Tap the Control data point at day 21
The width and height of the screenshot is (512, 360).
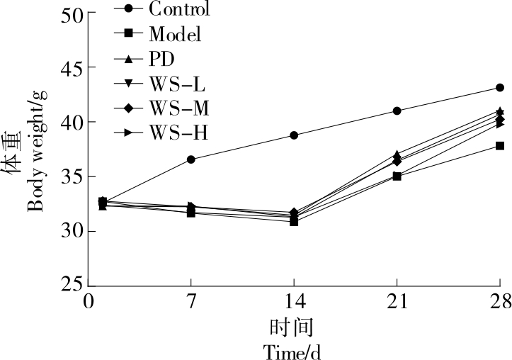pos(397,111)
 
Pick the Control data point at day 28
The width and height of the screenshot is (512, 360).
pos(500,88)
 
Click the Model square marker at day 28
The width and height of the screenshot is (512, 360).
pos(500,146)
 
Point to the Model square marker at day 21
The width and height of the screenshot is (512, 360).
pos(397,176)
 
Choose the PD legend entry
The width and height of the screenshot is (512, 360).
pos(162,58)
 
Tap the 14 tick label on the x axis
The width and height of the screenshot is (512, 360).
pos(294,303)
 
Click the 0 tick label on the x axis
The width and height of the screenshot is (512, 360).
pos(89,303)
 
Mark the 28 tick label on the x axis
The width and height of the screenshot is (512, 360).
pos(500,303)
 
